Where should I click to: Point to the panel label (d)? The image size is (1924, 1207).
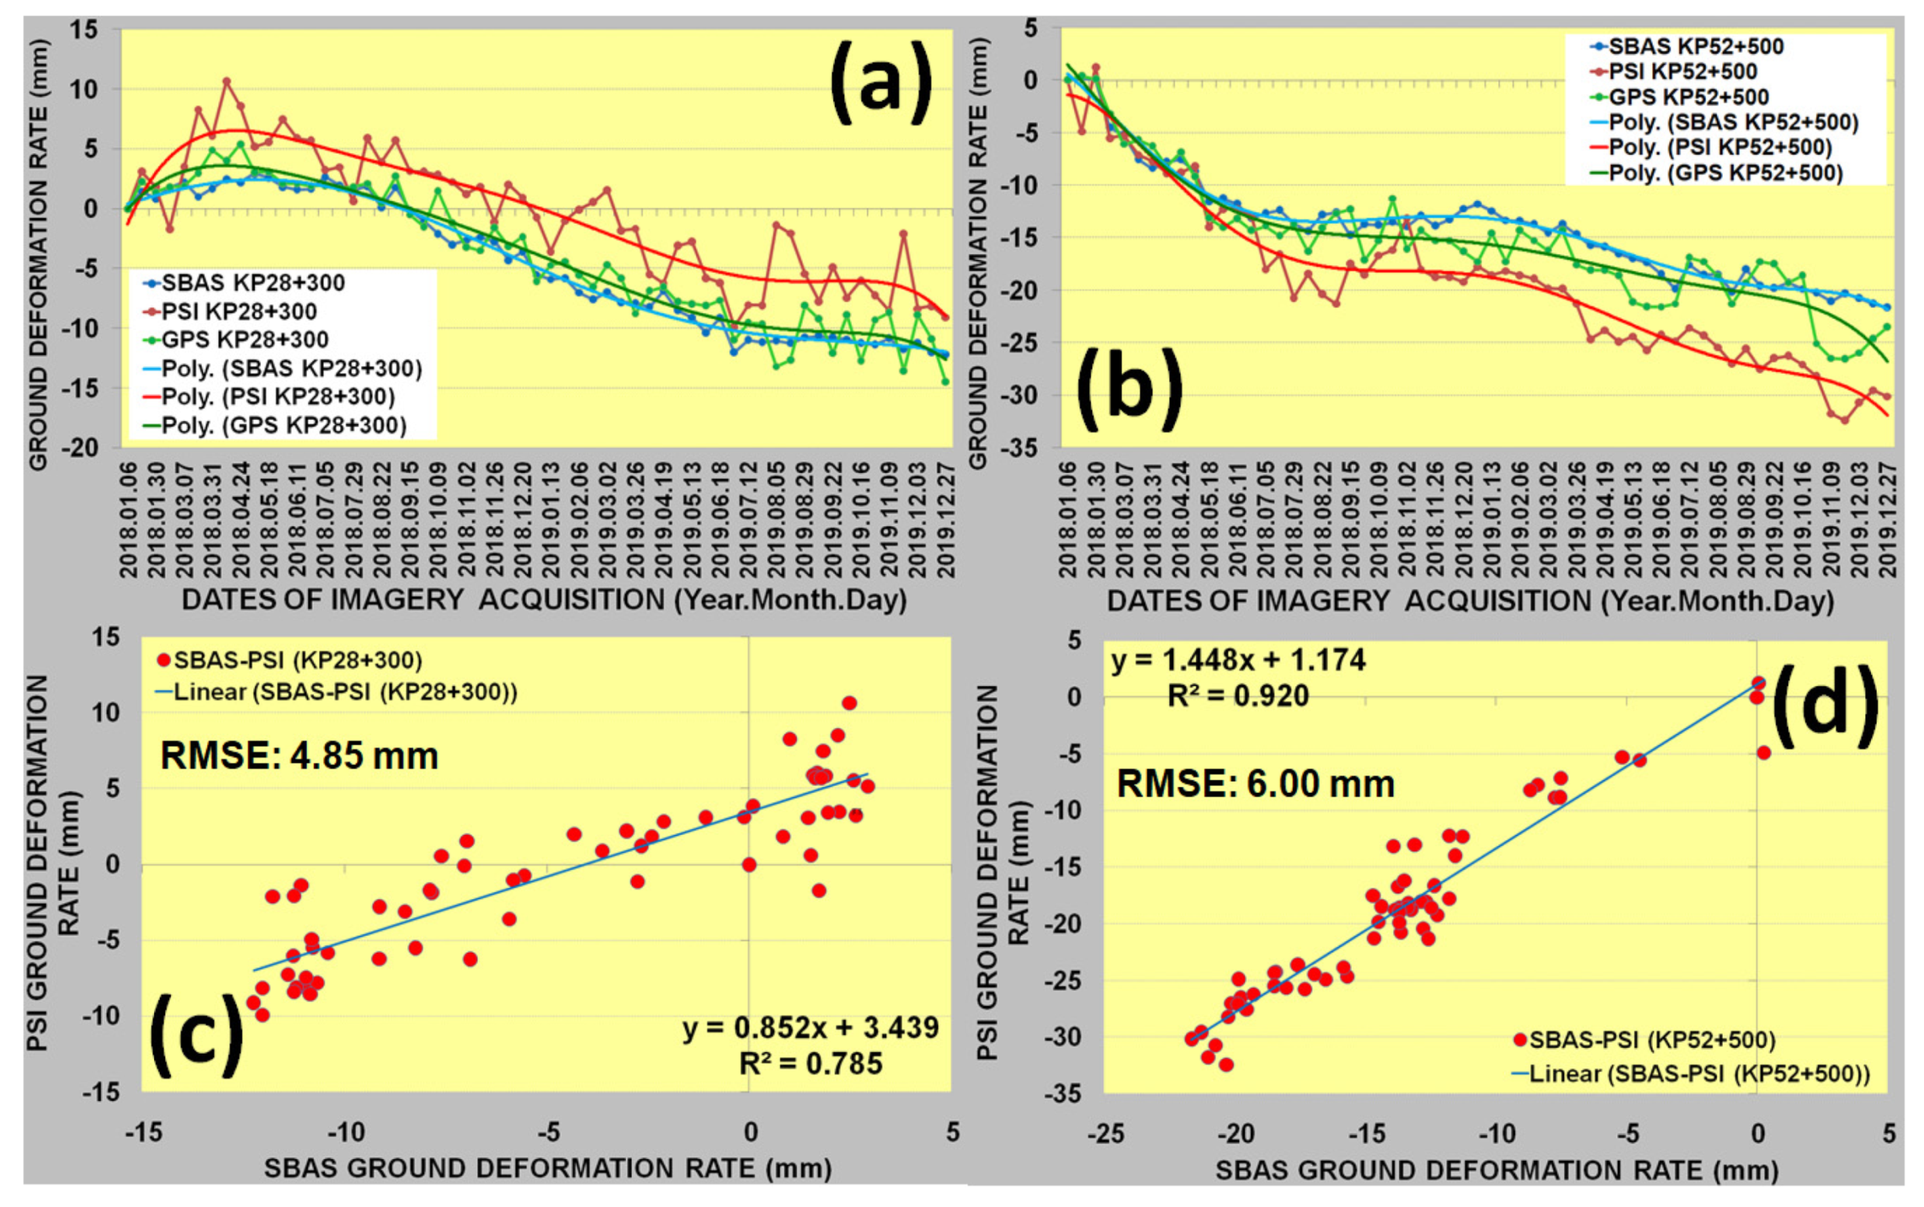[1825, 705]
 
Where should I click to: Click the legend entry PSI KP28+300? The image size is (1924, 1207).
[239, 311]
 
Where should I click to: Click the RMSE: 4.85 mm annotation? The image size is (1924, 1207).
[300, 756]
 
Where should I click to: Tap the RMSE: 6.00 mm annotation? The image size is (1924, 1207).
[1256, 784]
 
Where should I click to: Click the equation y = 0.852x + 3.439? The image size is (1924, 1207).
[811, 1028]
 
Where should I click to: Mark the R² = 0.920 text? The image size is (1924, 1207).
[1238, 696]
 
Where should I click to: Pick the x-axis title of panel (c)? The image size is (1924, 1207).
[548, 1169]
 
